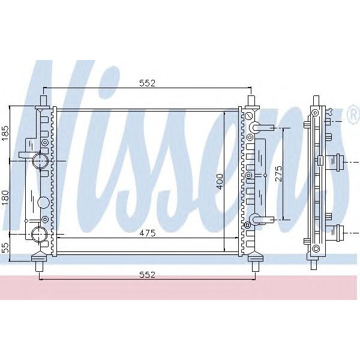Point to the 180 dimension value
(5, 196)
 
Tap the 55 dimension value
(5, 246)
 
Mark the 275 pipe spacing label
(278, 174)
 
